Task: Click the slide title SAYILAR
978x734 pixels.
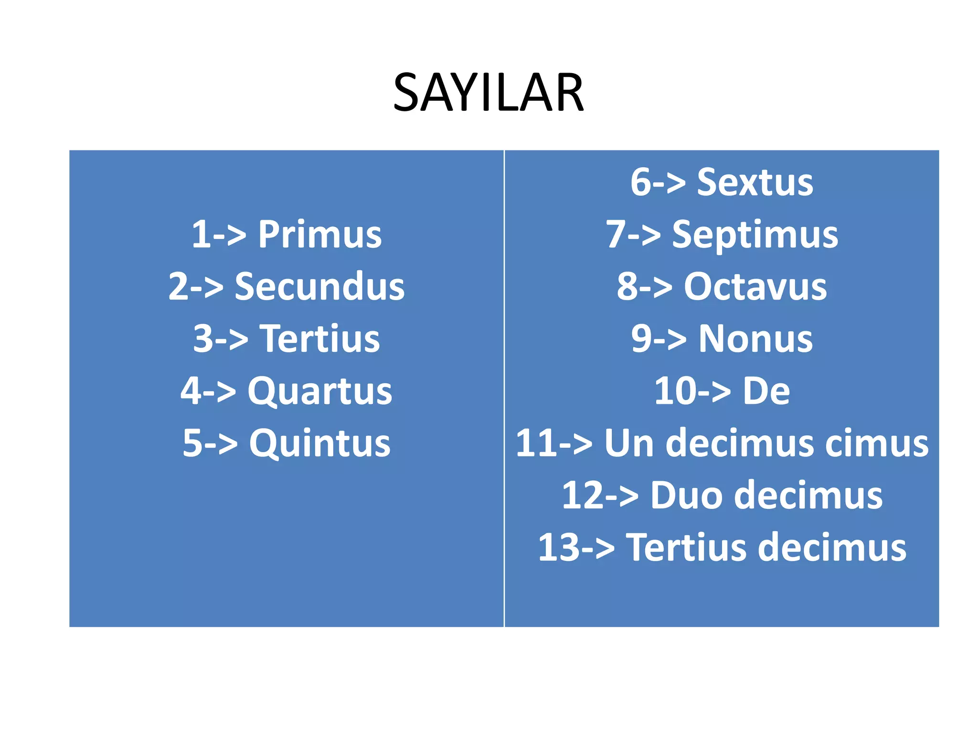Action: [488, 93]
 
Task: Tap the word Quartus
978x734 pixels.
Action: [320, 391]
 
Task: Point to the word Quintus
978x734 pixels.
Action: [320, 443]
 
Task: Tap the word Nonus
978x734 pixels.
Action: [755, 339]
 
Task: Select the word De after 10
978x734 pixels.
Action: [766, 391]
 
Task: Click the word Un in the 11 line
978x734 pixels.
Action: [628, 443]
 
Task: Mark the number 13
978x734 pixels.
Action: [559, 547]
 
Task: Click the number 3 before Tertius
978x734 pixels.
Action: [203, 339]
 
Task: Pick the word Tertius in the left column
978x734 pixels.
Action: [320, 339]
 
